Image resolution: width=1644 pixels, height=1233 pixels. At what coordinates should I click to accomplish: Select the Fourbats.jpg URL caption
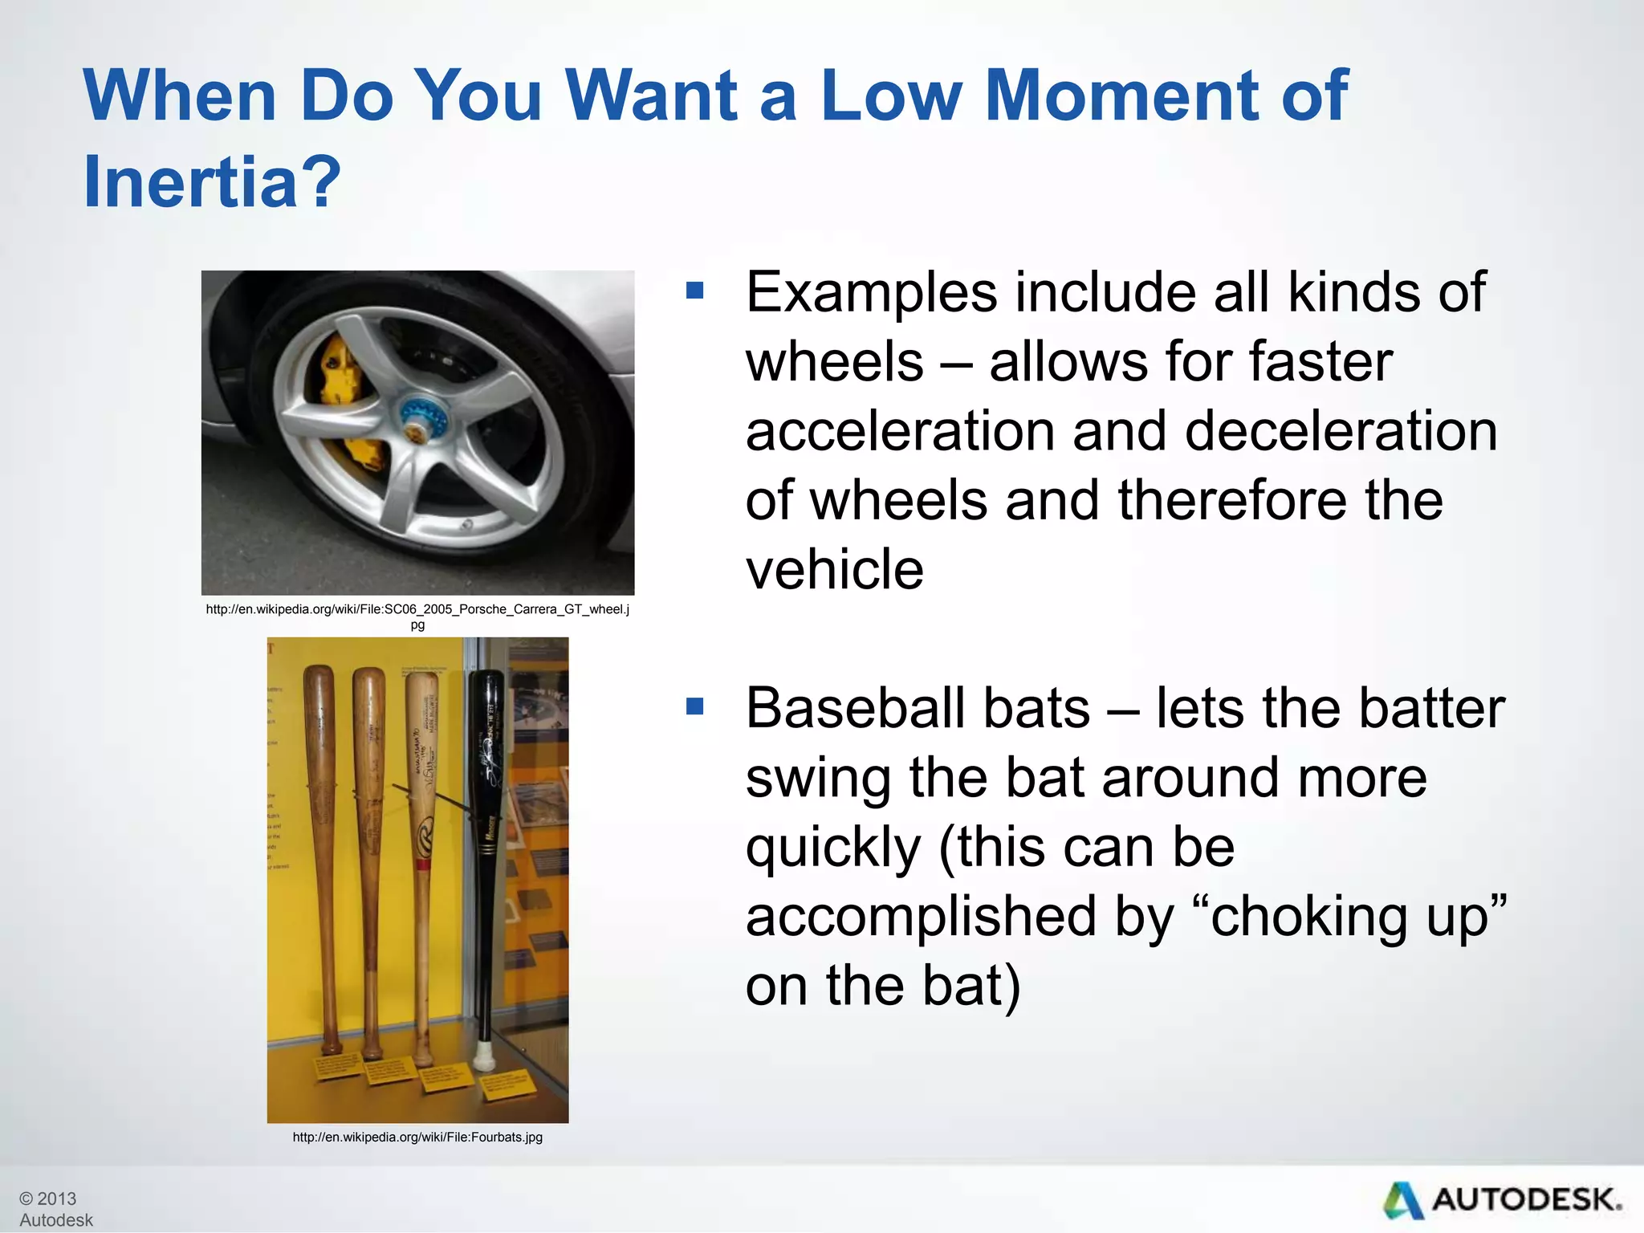pos(417,1137)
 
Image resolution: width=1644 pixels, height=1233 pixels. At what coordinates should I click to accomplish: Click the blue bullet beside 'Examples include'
pos(694,290)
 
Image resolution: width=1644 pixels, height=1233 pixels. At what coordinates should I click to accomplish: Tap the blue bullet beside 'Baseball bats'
pos(694,706)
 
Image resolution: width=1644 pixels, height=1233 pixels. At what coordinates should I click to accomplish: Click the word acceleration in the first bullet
pos(899,431)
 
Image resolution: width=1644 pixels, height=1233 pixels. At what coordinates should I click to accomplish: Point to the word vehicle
pos(834,569)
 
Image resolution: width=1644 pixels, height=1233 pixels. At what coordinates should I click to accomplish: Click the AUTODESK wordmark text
pos(1525,1200)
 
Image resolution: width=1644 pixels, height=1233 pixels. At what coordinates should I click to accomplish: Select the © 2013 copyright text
pos(48,1198)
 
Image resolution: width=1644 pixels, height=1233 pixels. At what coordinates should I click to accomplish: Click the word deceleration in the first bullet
pos(1341,431)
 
